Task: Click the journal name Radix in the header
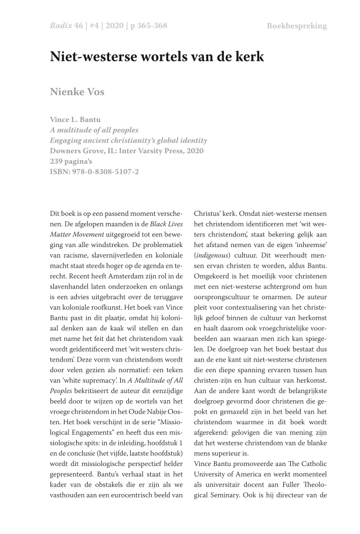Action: pos(60,26)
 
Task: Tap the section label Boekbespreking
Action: pos(296,26)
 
